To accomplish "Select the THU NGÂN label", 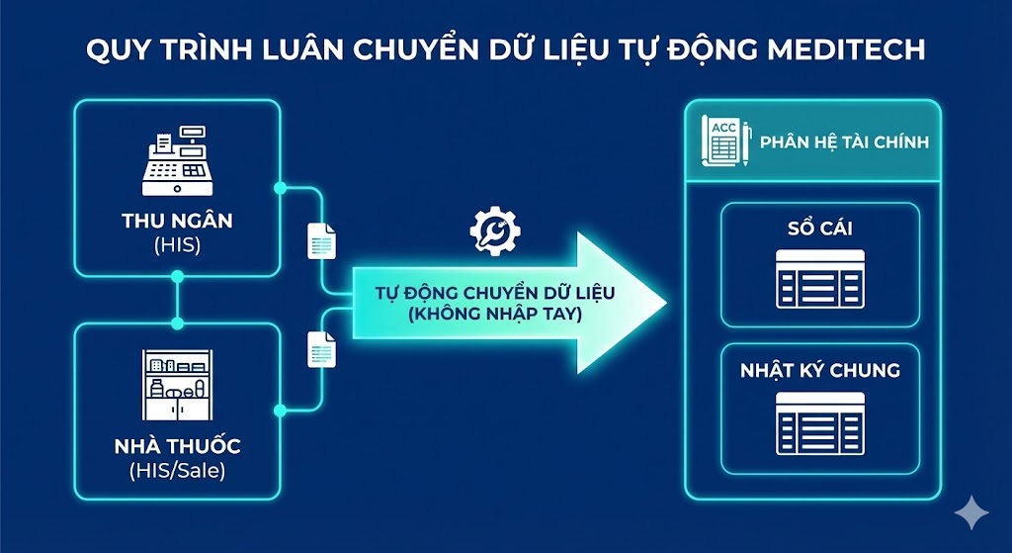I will point(179,221).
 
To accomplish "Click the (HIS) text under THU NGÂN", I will point(179,244).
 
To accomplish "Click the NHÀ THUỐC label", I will point(178,446).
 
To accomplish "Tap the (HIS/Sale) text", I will point(178,471).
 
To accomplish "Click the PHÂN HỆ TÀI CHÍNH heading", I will point(844,142).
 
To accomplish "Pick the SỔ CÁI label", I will point(820,230).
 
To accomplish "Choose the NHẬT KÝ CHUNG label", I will point(820,371).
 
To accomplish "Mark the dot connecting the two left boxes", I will point(178,323).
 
